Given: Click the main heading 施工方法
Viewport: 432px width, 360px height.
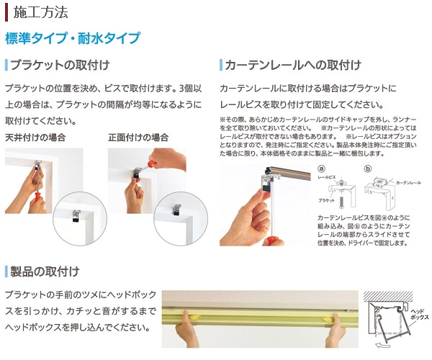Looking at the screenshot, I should click(40, 12).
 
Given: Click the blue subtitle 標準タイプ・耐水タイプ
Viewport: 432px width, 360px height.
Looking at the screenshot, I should click(72, 38).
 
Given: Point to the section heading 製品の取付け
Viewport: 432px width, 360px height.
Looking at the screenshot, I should click(45, 271).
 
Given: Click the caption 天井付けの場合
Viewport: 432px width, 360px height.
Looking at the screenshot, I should click(35, 137).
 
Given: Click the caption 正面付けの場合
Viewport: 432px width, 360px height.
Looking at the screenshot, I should click(138, 137).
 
